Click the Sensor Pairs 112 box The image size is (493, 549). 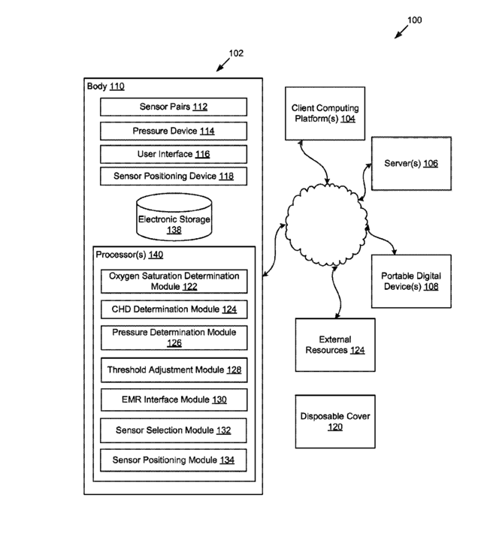(174, 107)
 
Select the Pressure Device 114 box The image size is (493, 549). (174, 131)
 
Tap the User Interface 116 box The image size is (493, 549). (174, 154)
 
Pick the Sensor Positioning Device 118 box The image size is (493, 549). (174, 176)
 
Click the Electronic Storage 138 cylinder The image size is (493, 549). (174, 217)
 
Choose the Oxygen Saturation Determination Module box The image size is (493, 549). (174, 281)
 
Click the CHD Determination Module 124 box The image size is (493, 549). (174, 309)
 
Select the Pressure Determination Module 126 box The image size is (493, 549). (174, 337)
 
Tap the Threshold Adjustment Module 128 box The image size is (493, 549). (174, 370)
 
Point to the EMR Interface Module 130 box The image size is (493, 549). (174, 400)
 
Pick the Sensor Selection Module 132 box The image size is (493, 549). (174, 430)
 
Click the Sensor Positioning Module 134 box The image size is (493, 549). (174, 460)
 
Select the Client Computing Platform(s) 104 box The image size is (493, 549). (325, 113)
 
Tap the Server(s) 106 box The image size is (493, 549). (411, 164)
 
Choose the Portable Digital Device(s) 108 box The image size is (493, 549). (411, 281)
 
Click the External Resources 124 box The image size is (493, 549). (335, 345)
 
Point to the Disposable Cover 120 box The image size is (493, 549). (335, 421)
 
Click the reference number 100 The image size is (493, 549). (415, 20)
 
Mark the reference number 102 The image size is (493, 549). (236, 53)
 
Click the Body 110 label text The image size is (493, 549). (105, 86)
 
